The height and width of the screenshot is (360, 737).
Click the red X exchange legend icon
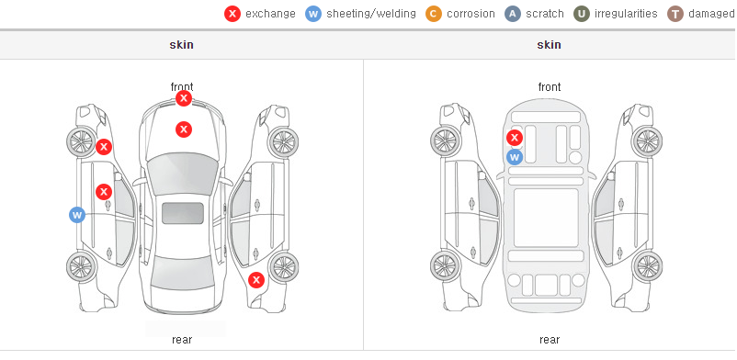point(232,14)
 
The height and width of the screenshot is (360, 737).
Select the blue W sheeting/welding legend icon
point(313,14)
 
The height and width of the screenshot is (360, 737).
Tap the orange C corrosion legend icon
point(434,14)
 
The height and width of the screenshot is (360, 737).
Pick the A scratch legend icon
point(513,14)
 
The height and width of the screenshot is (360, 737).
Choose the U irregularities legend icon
point(582,14)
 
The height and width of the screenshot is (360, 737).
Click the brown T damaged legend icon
point(675,14)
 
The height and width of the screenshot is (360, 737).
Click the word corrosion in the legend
point(471,14)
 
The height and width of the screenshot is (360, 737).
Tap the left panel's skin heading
point(181,45)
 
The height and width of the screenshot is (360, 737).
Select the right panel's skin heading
point(549,45)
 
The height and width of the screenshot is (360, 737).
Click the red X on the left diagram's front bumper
point(184,98)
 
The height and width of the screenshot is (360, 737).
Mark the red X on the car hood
point(184,129)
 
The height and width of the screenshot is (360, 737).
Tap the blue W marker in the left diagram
point(77,215)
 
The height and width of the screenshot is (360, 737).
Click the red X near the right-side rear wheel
point(256,281)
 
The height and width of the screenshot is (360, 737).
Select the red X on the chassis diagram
point(515,138)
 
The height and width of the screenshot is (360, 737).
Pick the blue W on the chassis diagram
point(515,157)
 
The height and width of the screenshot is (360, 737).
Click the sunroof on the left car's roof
point(183,213)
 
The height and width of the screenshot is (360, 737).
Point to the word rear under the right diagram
point(549,339)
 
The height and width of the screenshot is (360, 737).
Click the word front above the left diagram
point(182,86)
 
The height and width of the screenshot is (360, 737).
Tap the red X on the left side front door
point(104,192)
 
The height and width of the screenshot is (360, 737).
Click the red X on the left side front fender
point(104,147)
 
